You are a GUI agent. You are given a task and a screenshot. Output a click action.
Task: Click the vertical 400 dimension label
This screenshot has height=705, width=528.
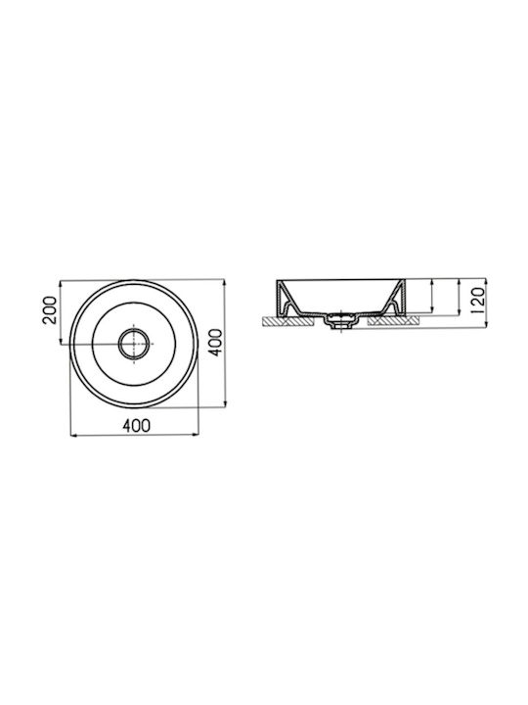215,343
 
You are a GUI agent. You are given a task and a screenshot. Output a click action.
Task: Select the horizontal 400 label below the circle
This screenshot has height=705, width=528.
137,425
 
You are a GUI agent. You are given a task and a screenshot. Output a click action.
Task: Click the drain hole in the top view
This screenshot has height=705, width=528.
134,344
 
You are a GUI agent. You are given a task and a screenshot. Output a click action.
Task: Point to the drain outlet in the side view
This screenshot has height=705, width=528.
341,322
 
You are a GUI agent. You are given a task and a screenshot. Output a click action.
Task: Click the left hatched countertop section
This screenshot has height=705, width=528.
287,320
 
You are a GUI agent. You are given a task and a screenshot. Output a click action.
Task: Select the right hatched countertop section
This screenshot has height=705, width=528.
393,320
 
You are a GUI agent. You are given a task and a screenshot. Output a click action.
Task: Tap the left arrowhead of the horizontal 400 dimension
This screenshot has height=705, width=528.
74,435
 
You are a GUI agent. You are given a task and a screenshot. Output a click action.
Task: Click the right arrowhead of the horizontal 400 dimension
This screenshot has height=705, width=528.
196,435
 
